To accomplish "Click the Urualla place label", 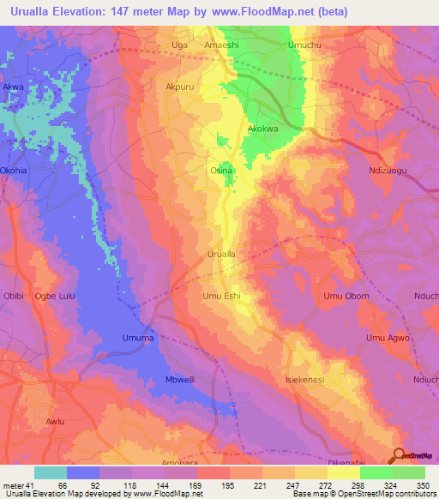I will (x=221, y=255).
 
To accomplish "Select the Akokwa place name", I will (x=262, y=129).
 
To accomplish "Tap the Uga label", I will (x=179, y=44).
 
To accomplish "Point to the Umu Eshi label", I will (x=221, y=297).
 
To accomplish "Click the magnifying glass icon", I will (x=398, y=455).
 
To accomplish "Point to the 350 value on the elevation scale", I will (x=423, y=485).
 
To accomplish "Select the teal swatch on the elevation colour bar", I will (x=51, y=472).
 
